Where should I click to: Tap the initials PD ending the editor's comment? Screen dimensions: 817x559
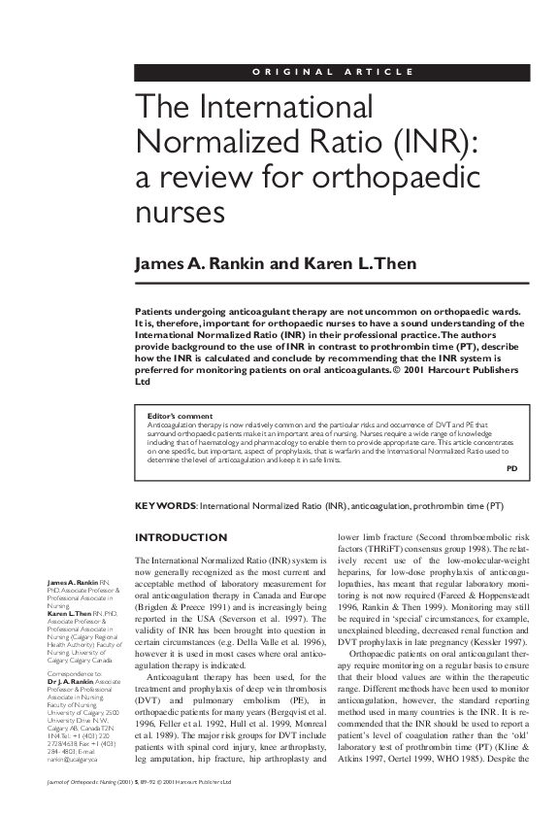[512, 468]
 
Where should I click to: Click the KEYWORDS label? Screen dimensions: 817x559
[164, 506]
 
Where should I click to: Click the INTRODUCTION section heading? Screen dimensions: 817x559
[181, 537]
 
